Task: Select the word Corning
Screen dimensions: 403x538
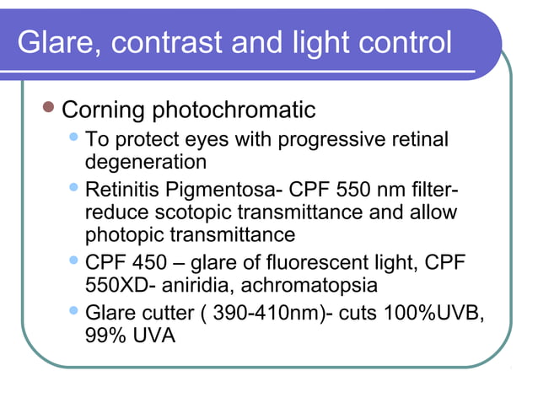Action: pyautogui.click(x=105, y=110)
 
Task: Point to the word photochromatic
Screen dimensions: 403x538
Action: pyautogui.click(x=235, y=110)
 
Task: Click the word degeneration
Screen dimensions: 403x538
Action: pyautogui.click(x=146, y=160)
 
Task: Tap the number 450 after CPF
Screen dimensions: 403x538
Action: pyautogui.click(x=149, y=265)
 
